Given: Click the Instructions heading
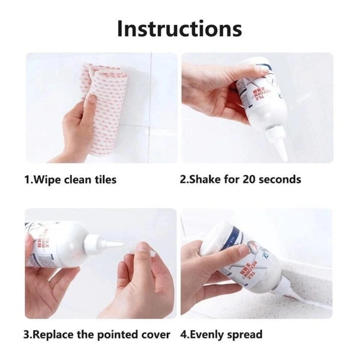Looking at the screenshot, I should (x=179, y=28).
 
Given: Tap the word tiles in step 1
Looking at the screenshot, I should (x=102, y=179).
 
